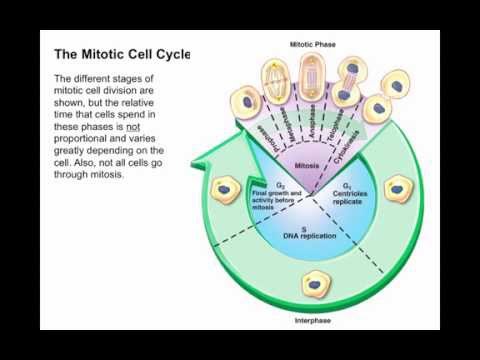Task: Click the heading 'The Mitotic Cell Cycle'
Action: tap(121, 53)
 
